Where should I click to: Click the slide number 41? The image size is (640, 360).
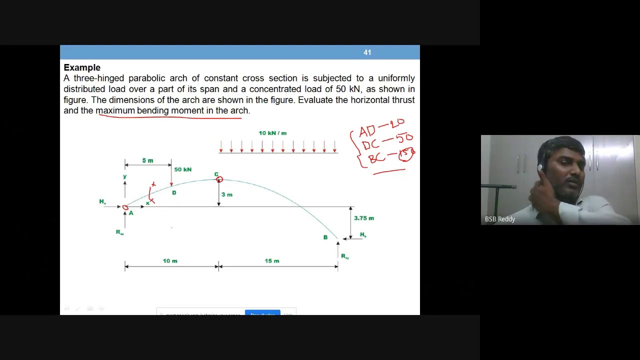[367, 52]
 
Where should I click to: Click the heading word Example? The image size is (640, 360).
[82, 67]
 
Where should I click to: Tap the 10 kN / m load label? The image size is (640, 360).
[272, 133]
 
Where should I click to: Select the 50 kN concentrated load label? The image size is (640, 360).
[182, 169]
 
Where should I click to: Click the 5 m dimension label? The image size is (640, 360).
[147, 160]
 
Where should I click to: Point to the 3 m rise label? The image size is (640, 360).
[227, 194]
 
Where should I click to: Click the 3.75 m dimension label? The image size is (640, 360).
[364, 218]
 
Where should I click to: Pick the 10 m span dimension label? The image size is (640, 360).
[170, 261]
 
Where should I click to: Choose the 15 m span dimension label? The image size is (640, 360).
[272, 261]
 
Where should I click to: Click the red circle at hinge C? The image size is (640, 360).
[219, 179]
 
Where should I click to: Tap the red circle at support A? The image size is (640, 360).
[125, 207]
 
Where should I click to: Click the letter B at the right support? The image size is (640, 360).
[325, 237]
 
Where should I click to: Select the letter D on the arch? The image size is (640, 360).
[174, 192]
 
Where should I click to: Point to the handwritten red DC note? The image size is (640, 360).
[370, 145]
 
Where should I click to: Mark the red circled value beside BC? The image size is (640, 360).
[406, 154]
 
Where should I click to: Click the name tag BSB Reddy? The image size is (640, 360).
[500, 219]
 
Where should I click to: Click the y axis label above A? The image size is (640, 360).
[124, 176]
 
